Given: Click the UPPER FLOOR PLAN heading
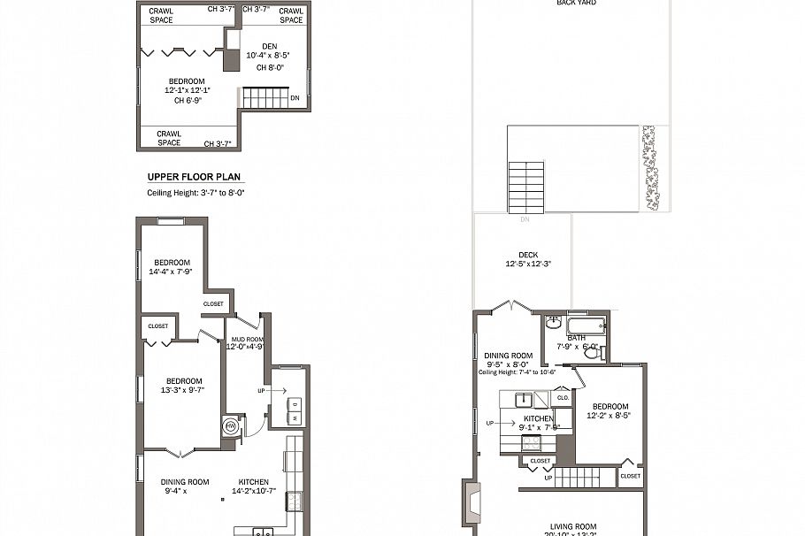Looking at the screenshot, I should point(193,177).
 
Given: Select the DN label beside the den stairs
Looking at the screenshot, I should point(295,98).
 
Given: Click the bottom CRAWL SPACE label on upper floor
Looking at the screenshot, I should point(169,138).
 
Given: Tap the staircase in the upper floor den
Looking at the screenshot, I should point(264,97).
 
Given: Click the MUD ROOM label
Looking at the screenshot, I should point(244,339).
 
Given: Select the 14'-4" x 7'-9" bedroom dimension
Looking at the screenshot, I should point(172,272).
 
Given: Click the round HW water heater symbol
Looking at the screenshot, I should point(231,425).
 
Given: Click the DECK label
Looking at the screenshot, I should point(528,255).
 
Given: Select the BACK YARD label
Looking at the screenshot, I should point(576,3).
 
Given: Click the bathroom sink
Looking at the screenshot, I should point(554,322).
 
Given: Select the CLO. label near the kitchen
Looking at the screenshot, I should point(563,398).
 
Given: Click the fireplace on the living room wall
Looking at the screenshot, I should point(470,506).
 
